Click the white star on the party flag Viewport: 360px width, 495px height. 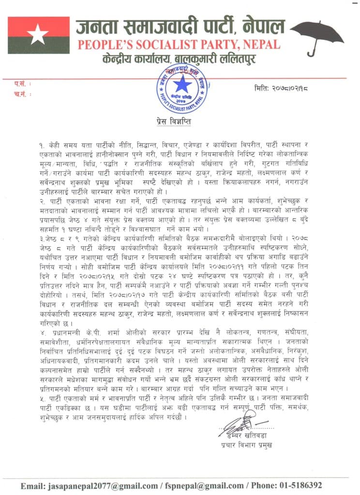pos(37,35)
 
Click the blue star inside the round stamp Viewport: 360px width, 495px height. pos(182,87)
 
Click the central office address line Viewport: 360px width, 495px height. pos(179,60)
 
